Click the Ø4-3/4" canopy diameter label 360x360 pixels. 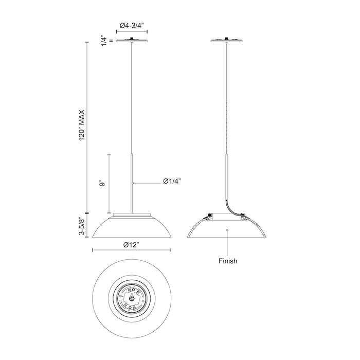coord(132,25)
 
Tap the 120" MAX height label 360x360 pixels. coord(82,125)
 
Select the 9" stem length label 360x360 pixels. coord(102,184)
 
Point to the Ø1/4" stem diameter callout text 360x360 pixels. coord(172,182)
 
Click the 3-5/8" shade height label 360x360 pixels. coord(82,226)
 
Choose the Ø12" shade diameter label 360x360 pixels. coord(131,245)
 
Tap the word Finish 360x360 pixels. coord(228,261)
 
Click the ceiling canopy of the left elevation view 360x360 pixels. coord(132,41)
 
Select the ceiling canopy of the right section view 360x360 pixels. coord(227,41)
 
